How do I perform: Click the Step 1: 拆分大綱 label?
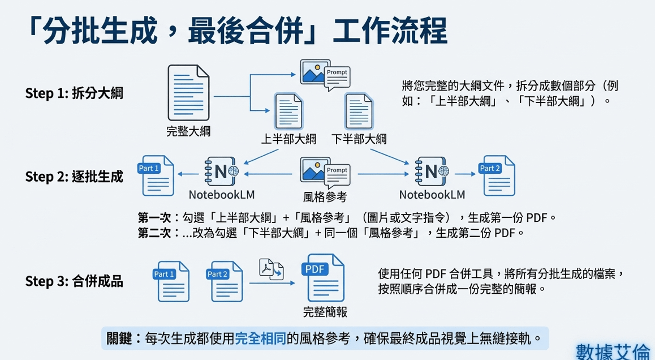click(74, 93)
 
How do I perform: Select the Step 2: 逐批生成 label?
click(74, 176)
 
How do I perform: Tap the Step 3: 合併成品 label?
click(74, 281)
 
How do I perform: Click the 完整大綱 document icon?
click(188, 93)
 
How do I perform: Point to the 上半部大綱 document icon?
click(288, 112)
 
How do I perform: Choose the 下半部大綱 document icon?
click(359, 112)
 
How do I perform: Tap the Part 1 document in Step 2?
click(157, 175)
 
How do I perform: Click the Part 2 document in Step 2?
click(496, 175)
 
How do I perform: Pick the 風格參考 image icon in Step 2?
click(324, 173)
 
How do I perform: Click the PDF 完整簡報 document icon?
click(325, 278)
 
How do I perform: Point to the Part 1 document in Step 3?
click(172, 281)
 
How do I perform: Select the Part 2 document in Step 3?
click(226, 281)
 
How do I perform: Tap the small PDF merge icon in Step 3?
click(272, 268)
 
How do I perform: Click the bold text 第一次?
click(155, 218)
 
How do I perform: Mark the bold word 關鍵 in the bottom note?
click(119, 339)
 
